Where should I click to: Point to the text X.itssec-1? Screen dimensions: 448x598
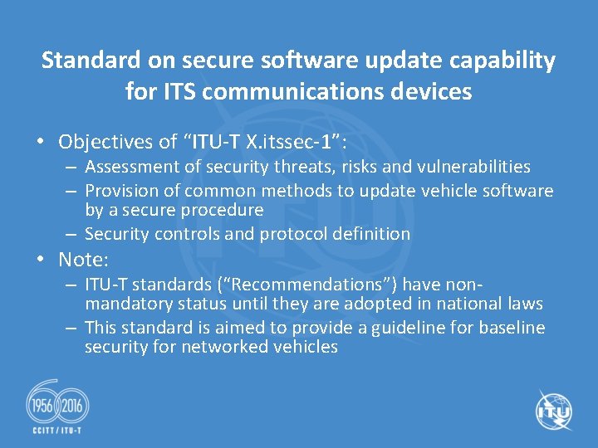(x=291, y=142)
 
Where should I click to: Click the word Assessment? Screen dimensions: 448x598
(x=130, y=168)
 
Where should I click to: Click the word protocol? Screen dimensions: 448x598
(x=294, y=234)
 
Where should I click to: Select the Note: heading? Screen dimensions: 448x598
(x=84, y=260)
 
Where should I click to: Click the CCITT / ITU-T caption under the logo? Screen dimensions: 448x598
(x=58, y=431)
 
